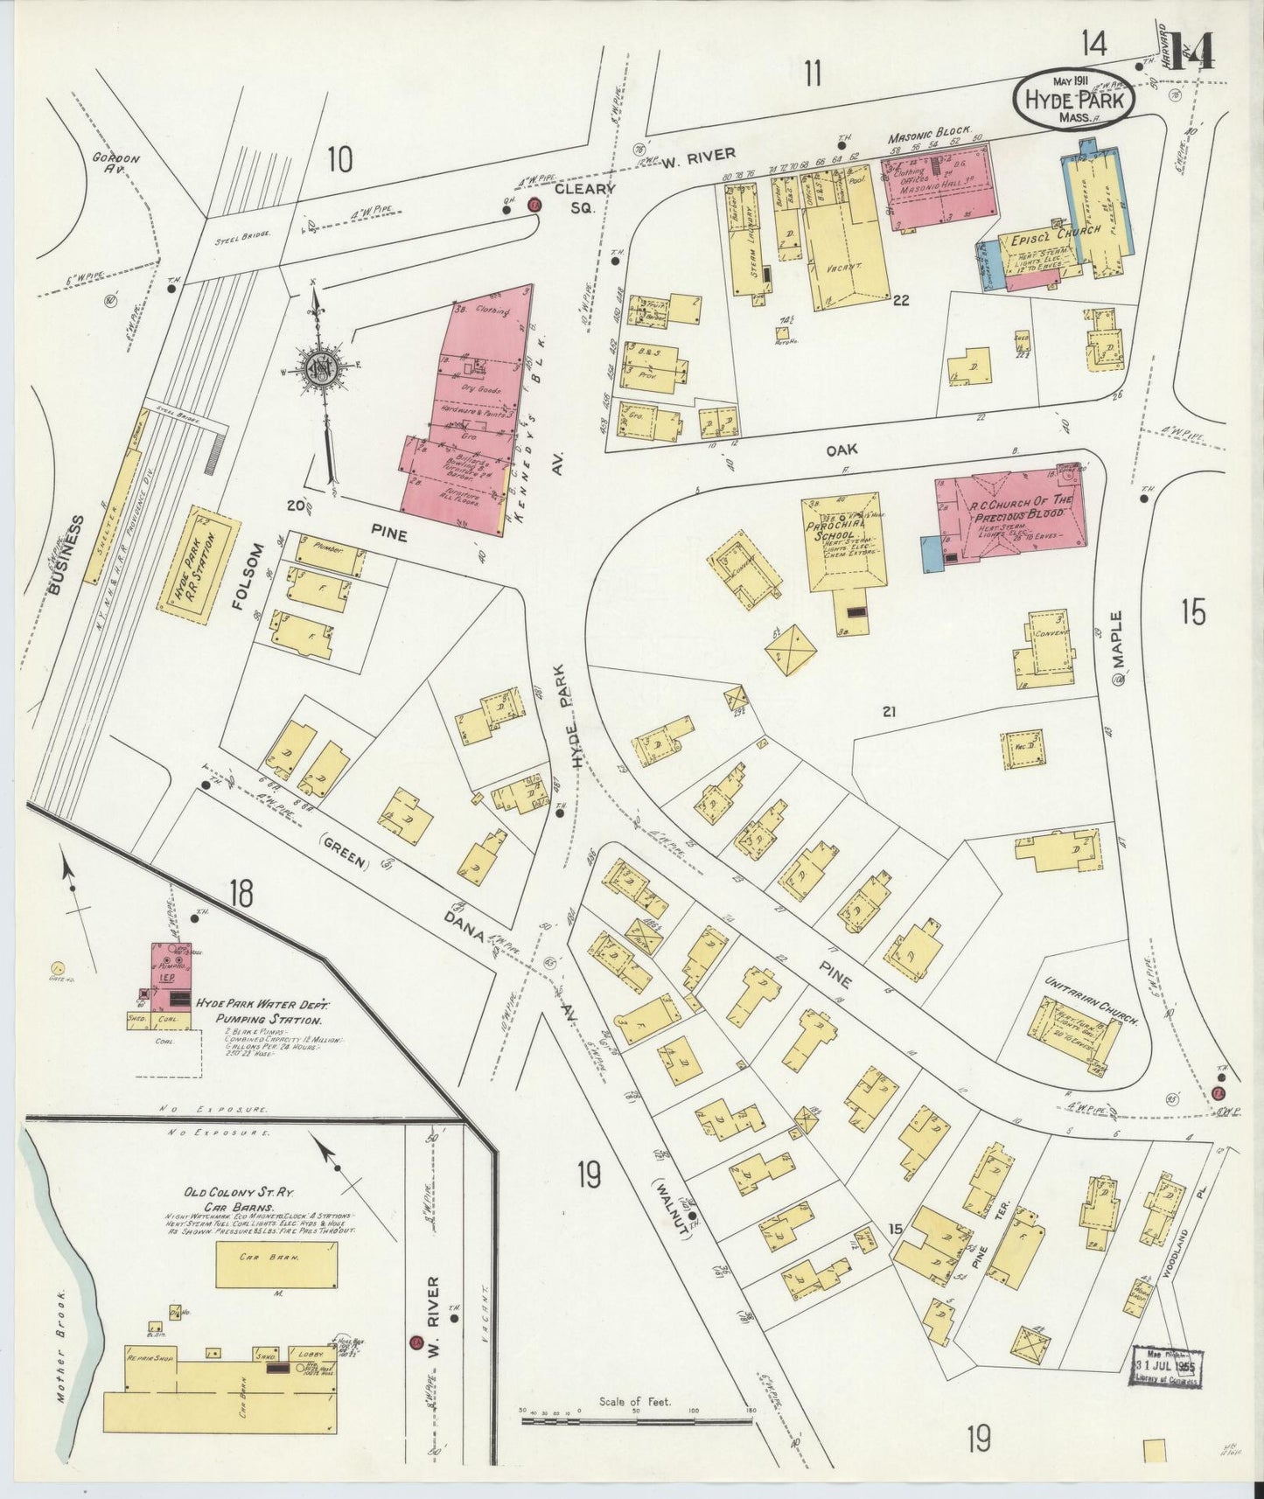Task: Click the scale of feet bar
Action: click(636, 1422)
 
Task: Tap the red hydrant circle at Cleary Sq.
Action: click(534, 205)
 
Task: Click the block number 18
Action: click(241, 894)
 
